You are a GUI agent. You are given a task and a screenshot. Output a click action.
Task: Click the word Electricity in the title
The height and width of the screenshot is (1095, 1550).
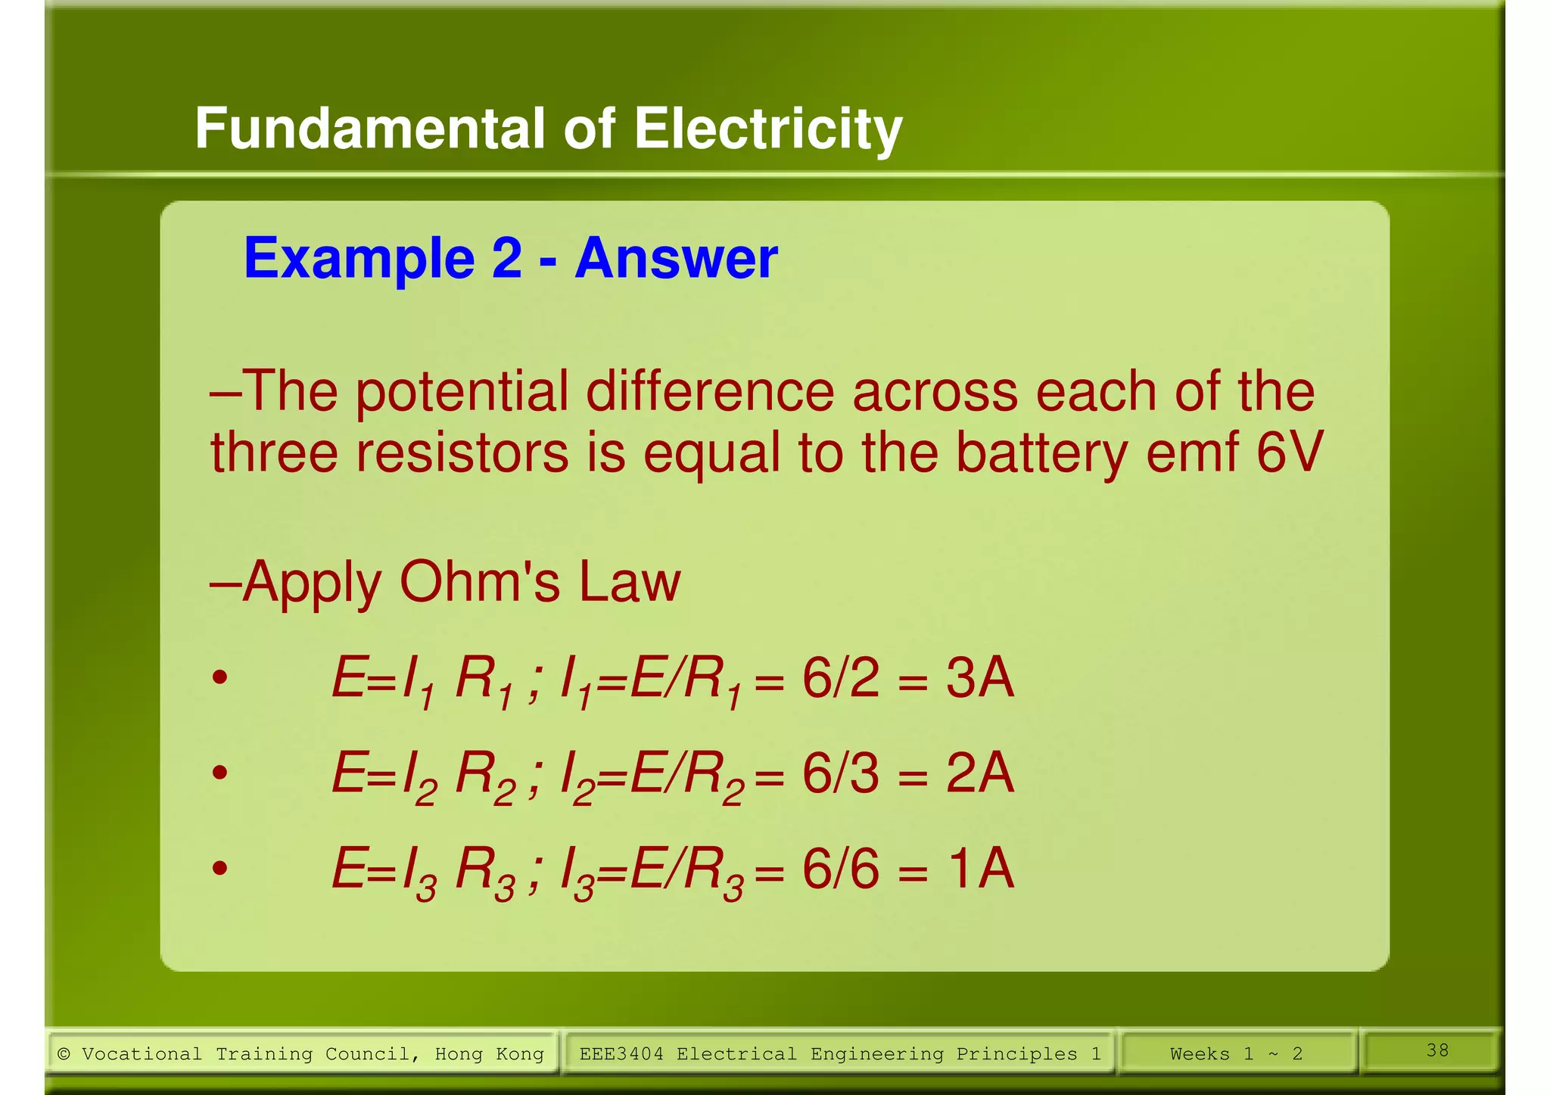click(x=767, y=129)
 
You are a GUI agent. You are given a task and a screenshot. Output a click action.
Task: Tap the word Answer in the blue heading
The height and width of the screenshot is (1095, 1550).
click(x=676, y=259)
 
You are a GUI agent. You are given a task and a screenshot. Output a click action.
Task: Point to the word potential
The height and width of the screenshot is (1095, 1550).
click(x=462, y=393)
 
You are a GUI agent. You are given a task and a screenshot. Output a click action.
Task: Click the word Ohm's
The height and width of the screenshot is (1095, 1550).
click(x=480, y=583)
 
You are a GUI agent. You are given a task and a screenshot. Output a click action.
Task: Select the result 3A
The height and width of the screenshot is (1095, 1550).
click(x=979, y=678)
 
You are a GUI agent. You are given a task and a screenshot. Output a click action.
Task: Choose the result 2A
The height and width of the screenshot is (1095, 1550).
click(x=979, y=773)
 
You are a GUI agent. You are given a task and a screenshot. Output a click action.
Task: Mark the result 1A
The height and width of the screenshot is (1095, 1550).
click(x=979, y=869)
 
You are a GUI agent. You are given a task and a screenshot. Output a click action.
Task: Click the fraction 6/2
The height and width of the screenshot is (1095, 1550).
click(x=840, y=678)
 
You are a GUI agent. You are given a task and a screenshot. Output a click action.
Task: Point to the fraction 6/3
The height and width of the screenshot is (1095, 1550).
click(x=840, y=773)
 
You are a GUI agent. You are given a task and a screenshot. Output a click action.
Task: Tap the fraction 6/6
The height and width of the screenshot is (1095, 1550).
click(x=840, y=869)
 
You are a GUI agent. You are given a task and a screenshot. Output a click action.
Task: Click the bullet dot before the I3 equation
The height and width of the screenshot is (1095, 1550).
click(x=219, y=868)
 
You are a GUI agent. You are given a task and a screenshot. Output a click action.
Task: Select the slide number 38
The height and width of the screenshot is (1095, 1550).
click(x=1437, y=1050)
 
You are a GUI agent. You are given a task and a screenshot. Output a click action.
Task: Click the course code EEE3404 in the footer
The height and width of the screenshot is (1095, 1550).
click(x=621, y=1054)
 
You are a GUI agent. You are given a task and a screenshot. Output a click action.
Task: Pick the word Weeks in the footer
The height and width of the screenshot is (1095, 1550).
click(x=1200, y=1054)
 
